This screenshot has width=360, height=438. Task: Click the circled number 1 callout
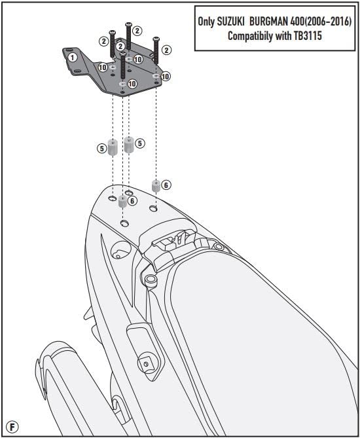(x=73, y=58)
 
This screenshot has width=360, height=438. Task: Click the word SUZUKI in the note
(x=230, y=22)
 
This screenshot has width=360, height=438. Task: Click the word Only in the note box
(x=206, y=22)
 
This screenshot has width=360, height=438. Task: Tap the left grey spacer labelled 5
(x=113, y=147)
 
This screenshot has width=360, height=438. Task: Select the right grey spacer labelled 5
(x=129, y=145)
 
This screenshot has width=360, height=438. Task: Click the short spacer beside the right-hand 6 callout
(x=156, y=186)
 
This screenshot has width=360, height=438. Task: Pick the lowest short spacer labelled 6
(x=122, y=201)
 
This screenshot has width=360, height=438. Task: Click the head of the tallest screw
(x=128, y=24)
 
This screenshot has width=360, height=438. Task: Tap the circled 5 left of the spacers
(x=101, y=149)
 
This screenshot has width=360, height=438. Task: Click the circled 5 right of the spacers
(x=139, y=143)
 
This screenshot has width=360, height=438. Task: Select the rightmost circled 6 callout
(x=166, y=185)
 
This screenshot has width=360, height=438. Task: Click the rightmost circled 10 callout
(x=166, y=76)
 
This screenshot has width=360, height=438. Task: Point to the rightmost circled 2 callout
(x=166, y=50)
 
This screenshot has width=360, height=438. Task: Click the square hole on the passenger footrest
(x=145, y=364)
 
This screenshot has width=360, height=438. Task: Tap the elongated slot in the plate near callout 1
(x=78, y=71)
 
